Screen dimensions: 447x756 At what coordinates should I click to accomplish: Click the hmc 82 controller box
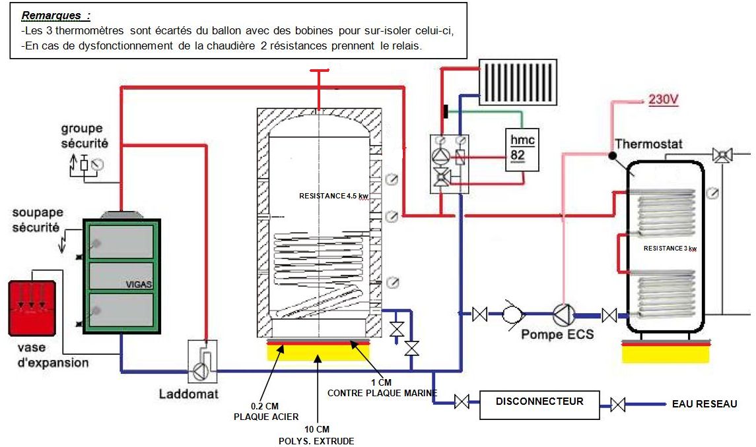tap(523, 148)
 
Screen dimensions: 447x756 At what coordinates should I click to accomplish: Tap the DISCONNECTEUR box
tap(539, 402)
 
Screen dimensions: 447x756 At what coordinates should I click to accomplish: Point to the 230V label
tap(664, 101)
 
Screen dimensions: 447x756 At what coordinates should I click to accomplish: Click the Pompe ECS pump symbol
tap(563, 315)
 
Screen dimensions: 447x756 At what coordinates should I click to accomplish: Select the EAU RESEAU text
tap(703, 403)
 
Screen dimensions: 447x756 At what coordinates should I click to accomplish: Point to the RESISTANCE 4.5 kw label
tap(333, 196)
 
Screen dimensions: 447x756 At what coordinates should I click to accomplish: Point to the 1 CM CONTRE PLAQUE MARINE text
tap(382, 388)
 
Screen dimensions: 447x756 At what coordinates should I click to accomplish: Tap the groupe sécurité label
tap(85, 135)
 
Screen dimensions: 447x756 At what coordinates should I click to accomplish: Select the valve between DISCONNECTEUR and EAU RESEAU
tap(618, 404)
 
